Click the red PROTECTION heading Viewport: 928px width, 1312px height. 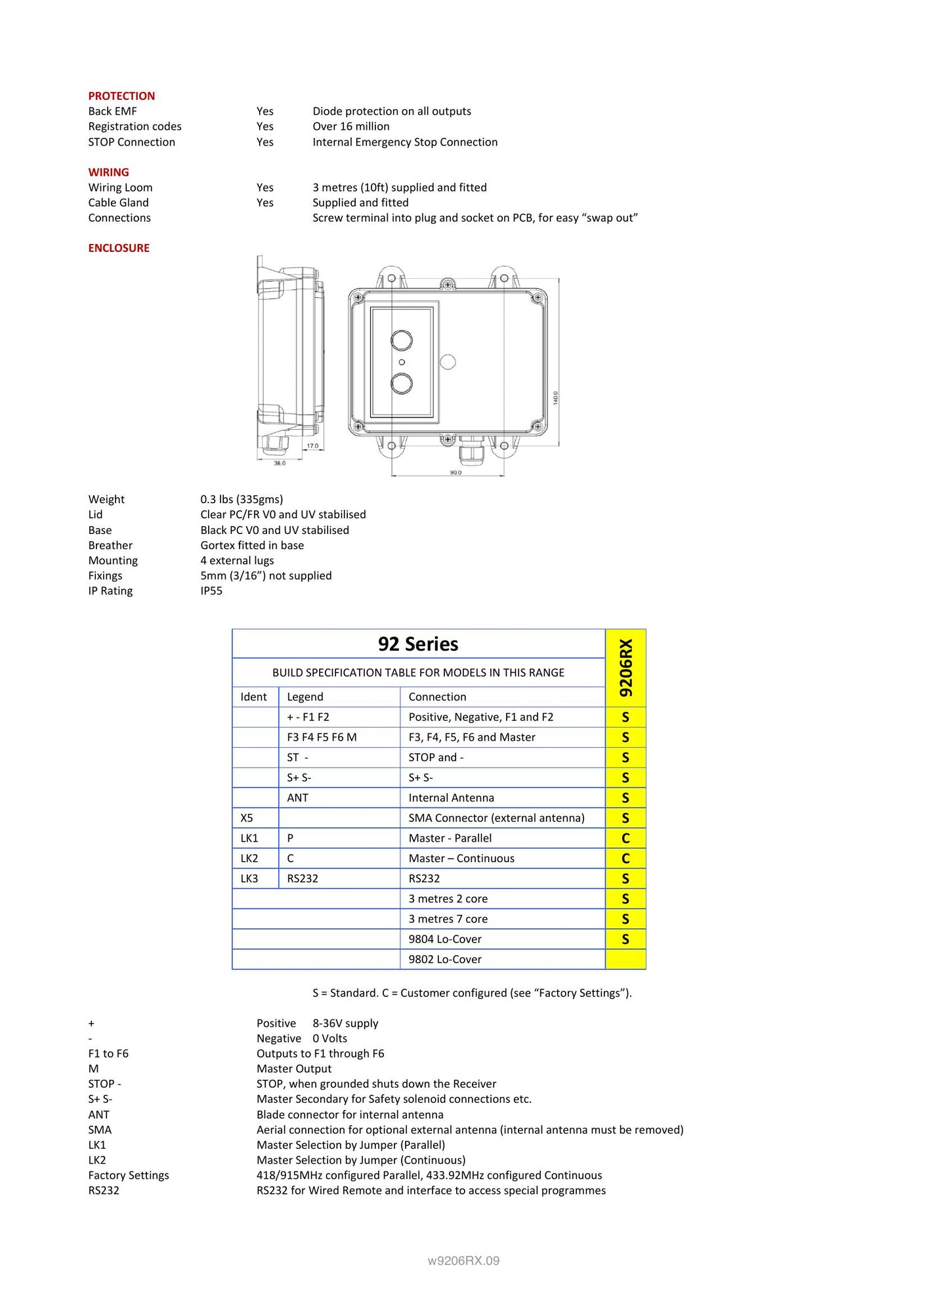tap(121, 96)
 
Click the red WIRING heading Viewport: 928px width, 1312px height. tap(108, 172)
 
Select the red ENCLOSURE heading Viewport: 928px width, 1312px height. tap(119, 248)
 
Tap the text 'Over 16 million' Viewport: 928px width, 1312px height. tap(350, 126)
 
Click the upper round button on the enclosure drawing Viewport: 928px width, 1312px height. tap(402, 340)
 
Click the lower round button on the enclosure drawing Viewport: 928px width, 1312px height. tap(402, 383)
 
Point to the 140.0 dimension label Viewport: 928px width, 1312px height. tap(555, 398)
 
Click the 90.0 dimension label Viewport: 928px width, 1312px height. tap(455, 472)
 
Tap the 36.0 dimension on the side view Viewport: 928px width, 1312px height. tap(280, 463)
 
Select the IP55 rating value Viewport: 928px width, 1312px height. tap(211, 590)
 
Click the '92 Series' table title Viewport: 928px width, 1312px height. tap(418, 644)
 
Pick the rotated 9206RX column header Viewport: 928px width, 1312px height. tap(625, 668)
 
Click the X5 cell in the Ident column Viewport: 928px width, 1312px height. tap(247, 818)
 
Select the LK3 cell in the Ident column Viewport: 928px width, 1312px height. tap(249, 878)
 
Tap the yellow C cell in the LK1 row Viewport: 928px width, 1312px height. tap(625, 838)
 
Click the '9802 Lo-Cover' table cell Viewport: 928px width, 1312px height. tap(445, 959)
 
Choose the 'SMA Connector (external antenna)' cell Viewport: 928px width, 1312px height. tap(496, 818)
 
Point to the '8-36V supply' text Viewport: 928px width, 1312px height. tap(345, 1023)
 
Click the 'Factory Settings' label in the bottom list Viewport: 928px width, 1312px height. tap(129, 1175)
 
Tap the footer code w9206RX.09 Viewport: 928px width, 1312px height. tap(463, 1261)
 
